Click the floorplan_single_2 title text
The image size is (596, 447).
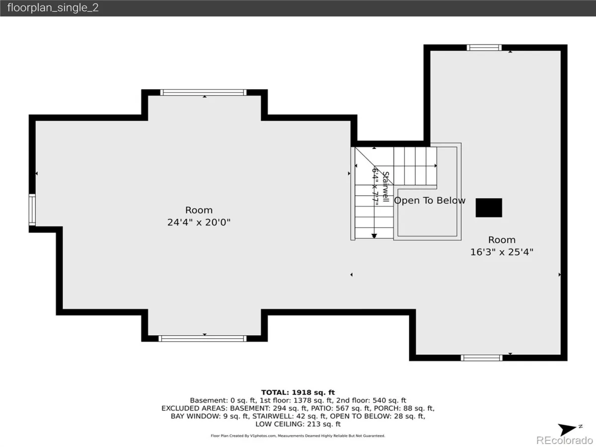pos(53,8)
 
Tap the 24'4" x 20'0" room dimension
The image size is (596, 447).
pos(199,223)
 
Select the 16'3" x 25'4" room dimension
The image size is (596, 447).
pos(502,252)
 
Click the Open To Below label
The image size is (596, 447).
pos(430,201)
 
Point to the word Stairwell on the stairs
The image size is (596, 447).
pos(385,187)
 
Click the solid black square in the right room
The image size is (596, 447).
pos(489,208)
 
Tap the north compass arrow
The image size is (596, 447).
pos(567,429)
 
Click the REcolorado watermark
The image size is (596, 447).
pos(565,440)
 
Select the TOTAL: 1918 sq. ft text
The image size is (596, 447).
pos(298,392)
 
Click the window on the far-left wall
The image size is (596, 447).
pos(32,210)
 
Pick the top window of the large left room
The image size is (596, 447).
pos(203,92)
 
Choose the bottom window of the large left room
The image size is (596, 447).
pos(203,338)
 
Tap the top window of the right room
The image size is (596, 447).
pos(484,48)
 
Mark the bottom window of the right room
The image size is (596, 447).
pos(482,358)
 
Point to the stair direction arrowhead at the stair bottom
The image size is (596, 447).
pos(374,236)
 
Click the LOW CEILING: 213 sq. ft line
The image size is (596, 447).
pos(298,424)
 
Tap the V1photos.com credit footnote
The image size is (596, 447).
pos(298,436)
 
